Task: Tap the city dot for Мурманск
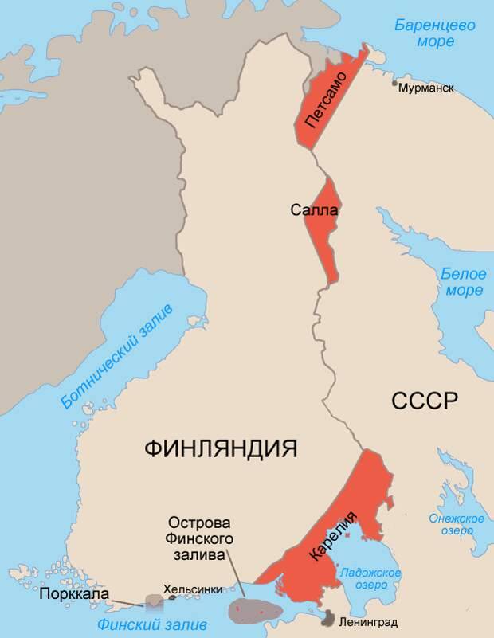click(394, 82)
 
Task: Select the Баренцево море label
click(435, 34)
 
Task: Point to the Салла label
click(314, 210)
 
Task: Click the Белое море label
click(463, 282)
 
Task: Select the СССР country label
click(425, 401)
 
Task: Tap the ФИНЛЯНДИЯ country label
click(221, 448)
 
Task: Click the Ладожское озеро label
click(370, 579)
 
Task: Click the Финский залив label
click(147, 623)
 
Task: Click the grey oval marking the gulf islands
click(256, 609)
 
